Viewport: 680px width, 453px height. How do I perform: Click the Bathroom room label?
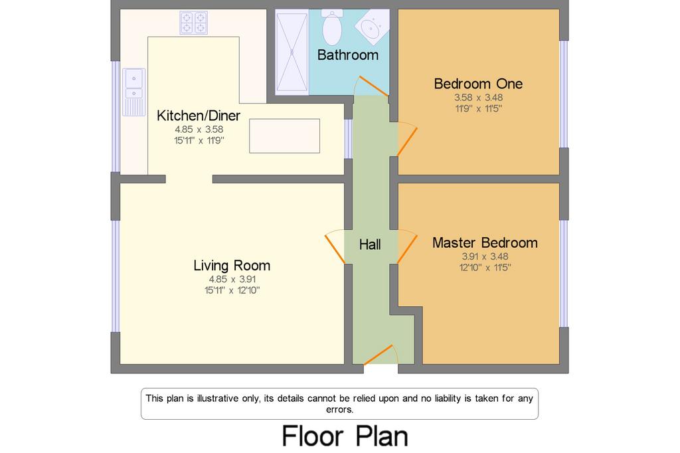click(348, 55)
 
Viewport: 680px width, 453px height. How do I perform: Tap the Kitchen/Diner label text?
click(198, 116)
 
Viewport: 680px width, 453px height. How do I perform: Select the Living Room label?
click(232, 265)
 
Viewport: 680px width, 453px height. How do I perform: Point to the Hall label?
click(370, 244)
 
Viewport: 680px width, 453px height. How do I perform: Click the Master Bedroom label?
click(485, 242)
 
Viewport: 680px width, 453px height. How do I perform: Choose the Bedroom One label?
click(478, 84)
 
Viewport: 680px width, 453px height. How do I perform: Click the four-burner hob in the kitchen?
click(193, 23)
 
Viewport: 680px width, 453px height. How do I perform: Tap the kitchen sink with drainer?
click(134, 92)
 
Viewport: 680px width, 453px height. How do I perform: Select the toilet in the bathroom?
click(332, 27)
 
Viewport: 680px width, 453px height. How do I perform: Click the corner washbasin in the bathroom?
click(372, 27)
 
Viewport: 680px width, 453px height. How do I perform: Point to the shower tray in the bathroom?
click(292, 52)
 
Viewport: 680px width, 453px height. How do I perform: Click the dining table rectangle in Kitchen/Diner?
click(284, 136)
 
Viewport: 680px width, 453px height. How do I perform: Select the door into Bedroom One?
click(407, 139)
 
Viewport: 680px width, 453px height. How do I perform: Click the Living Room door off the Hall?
click(335, 246)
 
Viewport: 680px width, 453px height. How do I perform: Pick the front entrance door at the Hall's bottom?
click(381, 355)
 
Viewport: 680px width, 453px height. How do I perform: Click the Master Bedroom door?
click(407, 246)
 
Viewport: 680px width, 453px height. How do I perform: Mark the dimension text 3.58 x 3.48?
click(478, 98)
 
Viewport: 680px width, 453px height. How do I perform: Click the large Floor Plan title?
click(345, 436)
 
